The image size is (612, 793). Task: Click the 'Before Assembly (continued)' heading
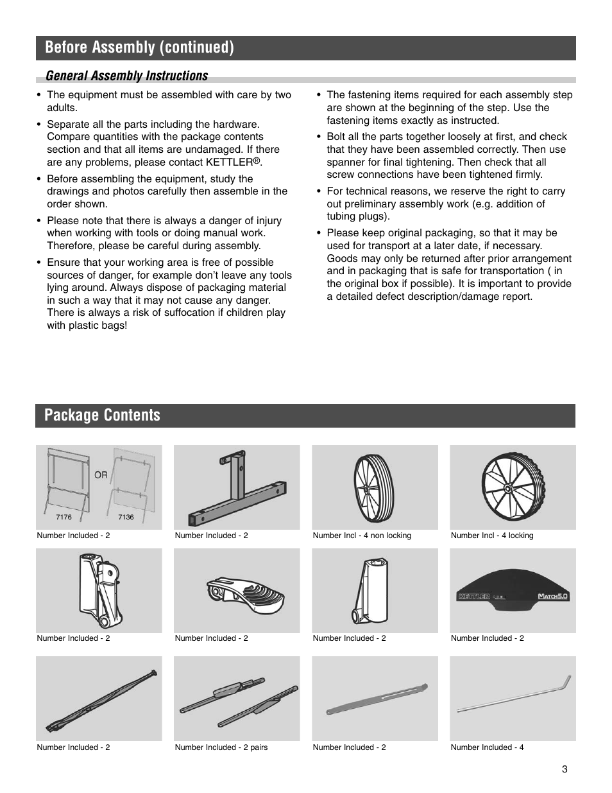tap(139, 48)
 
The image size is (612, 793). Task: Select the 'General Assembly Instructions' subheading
tap(126, 76)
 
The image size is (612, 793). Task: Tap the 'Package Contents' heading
tap(103, 415)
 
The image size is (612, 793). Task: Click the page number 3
tap(565, 770)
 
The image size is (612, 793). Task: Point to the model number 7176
tap(64, 517)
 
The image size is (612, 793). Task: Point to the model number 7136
tap(126, 517)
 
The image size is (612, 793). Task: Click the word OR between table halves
tap(101, 475)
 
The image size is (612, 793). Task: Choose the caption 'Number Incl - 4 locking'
tap(491, 536)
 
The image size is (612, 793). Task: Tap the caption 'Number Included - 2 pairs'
tap(221, 747)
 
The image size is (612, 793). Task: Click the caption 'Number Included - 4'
tap(487, 747)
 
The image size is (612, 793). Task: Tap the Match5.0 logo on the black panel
tap(553, 596)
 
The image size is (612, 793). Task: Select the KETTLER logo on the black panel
tap(475, 597)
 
